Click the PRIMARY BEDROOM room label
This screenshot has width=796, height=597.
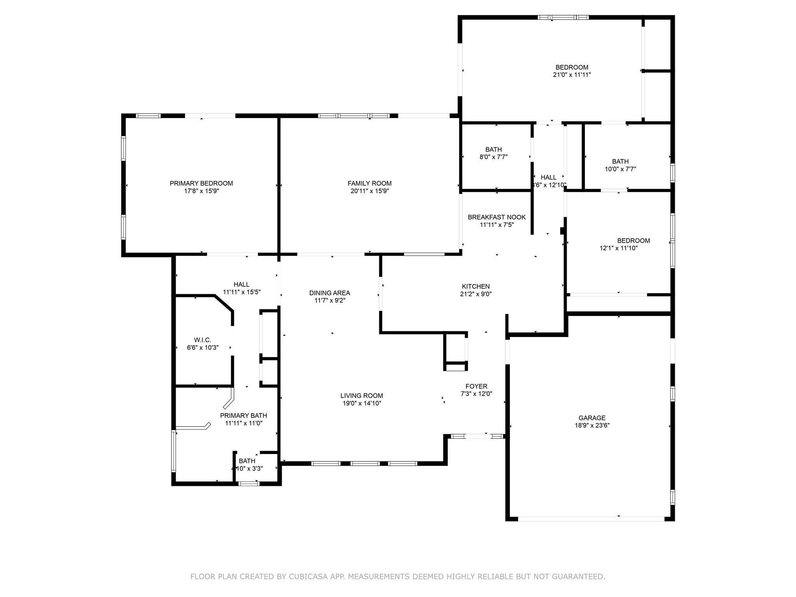(x=201, y=183)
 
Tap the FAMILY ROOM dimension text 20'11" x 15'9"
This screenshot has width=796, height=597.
(x=369, y=191)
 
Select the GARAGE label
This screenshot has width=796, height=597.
(x=592, y=418)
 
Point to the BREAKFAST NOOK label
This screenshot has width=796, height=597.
(x=496, y=217)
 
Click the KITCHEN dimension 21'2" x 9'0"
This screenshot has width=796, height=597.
(x=475, y=294)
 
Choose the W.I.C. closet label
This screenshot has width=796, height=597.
(x=202, y=340)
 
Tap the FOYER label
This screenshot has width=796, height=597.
(x=476, y=386)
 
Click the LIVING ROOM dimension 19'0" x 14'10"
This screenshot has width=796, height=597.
(x=361, y=403)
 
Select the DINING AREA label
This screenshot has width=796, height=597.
(x=330, y=293)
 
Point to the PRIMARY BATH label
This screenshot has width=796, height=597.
(x=243, y=415)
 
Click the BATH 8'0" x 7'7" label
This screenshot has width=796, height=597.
(x=493, y=150)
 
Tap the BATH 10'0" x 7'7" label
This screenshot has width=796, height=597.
(x=620, y=162)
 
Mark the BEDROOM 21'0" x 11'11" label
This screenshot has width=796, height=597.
(x=571, y=67)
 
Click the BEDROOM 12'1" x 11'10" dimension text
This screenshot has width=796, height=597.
(x=618, y=248)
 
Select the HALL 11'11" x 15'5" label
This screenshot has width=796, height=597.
(x=241, y=285)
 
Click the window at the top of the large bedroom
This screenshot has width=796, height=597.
(x=563, y=17)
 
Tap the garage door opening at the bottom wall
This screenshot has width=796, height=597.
(x=591, y=518)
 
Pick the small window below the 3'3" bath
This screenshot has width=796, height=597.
(x=248, y=484)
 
